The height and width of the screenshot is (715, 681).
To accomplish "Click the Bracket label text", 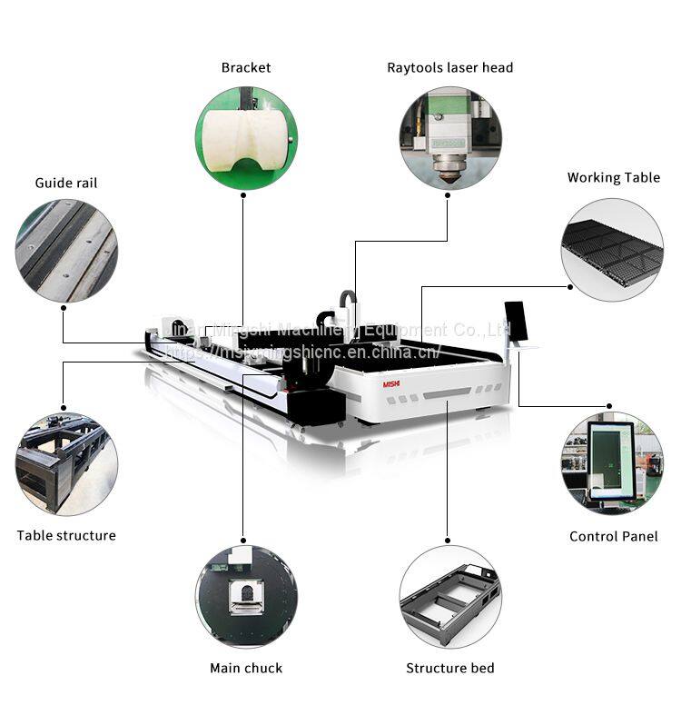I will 246,67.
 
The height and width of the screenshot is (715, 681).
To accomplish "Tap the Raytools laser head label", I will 449,67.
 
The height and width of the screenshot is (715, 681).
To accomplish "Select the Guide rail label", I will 66,183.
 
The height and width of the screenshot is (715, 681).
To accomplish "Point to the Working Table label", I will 613,177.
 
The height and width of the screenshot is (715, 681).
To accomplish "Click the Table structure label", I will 66,535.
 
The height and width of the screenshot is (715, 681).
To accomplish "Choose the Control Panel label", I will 613,536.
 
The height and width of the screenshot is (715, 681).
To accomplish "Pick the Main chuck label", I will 246,668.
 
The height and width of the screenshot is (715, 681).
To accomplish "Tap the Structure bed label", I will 449,668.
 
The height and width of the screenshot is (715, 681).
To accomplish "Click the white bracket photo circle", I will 246,138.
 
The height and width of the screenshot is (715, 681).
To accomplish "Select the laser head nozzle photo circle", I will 449,138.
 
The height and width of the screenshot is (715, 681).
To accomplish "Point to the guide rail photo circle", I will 66,251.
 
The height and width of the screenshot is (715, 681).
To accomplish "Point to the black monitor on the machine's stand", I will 514,321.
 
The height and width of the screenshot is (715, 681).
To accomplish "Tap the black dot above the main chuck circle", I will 243,536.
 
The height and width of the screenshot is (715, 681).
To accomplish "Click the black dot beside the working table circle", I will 569,287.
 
